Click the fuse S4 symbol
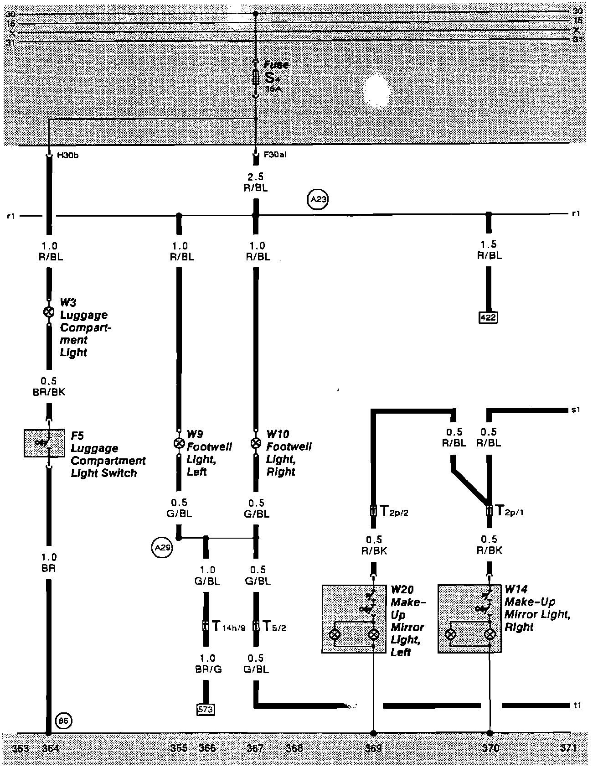[256, 78]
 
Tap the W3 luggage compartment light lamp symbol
[48, 312]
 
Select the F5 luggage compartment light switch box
[44, 442]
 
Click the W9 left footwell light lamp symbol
[179, 442]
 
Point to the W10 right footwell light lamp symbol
[256, 442]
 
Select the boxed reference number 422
[488, 317]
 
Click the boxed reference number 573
[206, 709]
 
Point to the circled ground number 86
[63, 721]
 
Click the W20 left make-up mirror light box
[354, 619]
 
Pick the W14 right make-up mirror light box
[470, 619]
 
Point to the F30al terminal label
[275, 155]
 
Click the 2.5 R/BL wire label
[256, 182]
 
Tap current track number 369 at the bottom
[373, 748]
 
